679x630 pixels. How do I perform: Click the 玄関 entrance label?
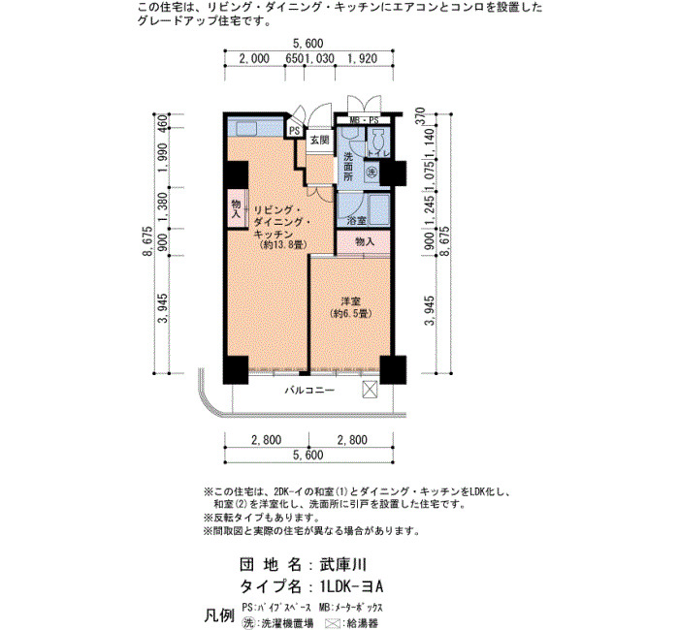(320, 141)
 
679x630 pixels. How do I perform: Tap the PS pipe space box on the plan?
(295, 130)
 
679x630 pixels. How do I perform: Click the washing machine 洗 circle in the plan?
(372, 172)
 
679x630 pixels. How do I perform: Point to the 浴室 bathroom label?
(357, 221)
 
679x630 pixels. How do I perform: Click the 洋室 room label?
(350, 301)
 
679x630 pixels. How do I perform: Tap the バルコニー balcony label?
(309, 391)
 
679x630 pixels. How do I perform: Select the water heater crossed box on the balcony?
(370, 389)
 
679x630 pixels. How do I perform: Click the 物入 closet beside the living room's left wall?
(236, 208)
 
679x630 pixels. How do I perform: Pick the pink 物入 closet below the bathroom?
(364, 242)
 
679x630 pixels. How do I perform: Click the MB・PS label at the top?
(364, 120)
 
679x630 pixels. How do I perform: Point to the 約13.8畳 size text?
(283, 245)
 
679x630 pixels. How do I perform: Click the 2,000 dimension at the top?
(254, 58)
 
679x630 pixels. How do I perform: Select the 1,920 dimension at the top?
(363, 58)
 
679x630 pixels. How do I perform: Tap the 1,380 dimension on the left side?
(163, 207)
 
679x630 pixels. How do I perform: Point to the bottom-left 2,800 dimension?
(267, 440)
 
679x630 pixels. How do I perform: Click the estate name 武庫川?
(343, 565)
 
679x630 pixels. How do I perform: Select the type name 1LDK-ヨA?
(351, 586)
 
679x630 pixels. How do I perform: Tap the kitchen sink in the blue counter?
(246, 129)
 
